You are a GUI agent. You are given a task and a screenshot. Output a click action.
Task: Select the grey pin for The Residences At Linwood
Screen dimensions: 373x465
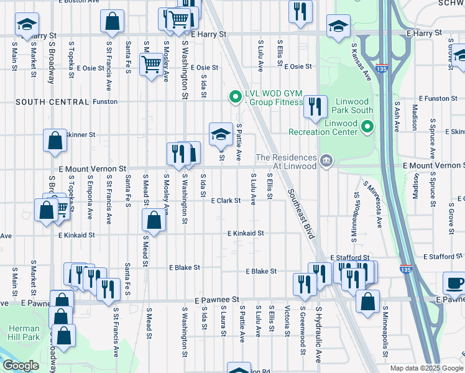tap(325, 162)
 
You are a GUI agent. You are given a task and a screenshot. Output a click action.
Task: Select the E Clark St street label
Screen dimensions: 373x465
tap(226, 201)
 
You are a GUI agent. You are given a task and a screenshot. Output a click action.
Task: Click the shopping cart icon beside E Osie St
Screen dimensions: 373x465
tap(151, 63)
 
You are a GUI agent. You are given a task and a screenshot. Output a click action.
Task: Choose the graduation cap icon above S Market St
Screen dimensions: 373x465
tap(27, 25)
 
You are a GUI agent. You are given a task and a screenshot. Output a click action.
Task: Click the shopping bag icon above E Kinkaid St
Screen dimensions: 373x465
tap(154, 219)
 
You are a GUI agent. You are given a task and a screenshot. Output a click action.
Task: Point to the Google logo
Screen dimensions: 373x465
tap(22, 366)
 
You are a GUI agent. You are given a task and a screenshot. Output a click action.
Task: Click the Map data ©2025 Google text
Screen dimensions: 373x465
tap(426, 368)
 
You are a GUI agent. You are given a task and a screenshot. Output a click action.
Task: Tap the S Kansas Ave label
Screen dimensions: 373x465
tap(361, 62)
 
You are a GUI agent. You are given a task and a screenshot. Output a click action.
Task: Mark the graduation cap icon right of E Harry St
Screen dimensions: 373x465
tap(338, 26)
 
